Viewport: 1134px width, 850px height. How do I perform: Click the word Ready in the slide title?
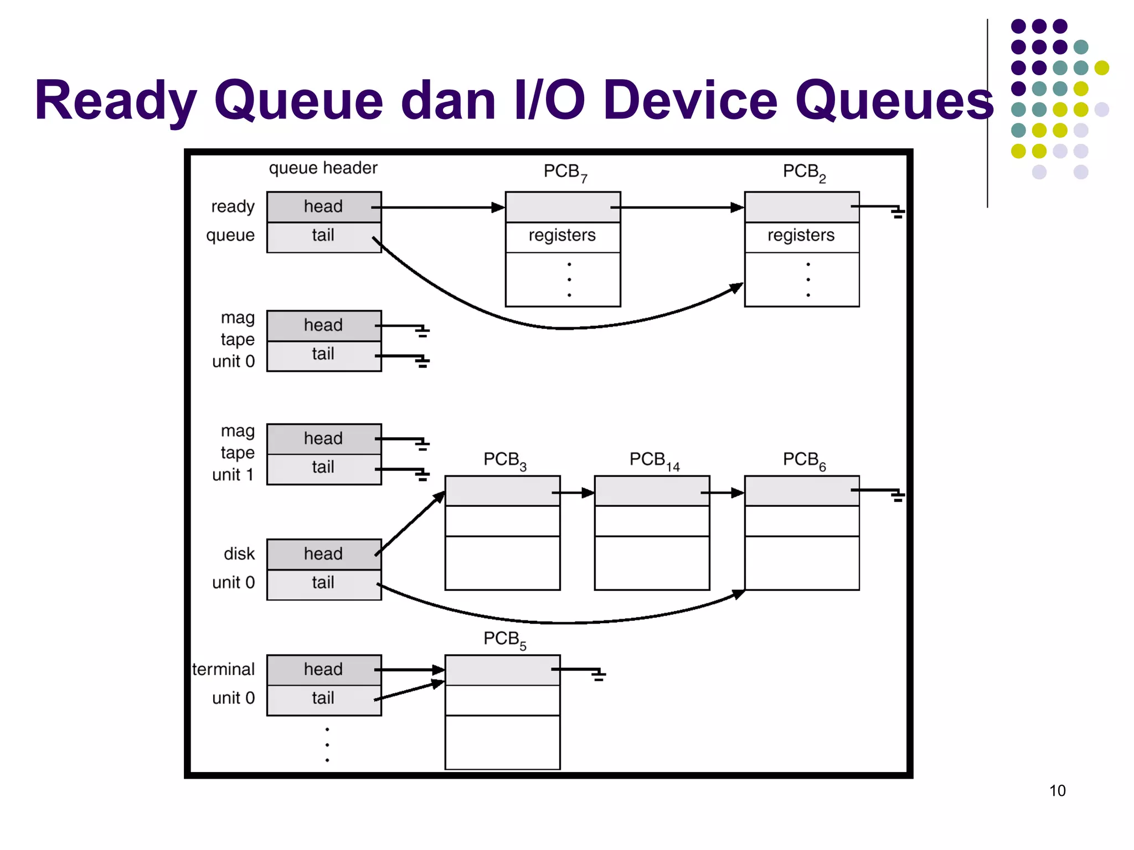[x=115, y=101]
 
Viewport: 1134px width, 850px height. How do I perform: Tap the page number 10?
[x=1057, y=790]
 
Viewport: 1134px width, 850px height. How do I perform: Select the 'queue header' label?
[x=323, y=168]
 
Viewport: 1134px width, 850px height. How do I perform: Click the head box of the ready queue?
[x=324, y=207]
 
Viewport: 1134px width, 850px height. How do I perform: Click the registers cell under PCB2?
[x=801, y=236]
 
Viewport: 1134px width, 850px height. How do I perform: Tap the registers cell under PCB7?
[x=563, y=236]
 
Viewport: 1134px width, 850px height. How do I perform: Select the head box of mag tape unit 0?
[x=324, y=325]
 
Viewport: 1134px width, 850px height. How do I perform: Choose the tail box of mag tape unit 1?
[x=324, y=468]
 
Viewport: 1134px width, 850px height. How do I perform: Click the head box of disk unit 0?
[x=324, y=554]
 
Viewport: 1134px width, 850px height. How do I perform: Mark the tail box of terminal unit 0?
[x=324, y=699]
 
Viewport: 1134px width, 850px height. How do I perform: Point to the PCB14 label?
[x=654, y=460]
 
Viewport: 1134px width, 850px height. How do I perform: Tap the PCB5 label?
[x=504, y=639]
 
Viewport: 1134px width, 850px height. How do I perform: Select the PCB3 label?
[x=504, y=460]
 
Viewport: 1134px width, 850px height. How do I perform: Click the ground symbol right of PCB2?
[x=898, y=212]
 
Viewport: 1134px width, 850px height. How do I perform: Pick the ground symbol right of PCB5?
[x=598, y=675]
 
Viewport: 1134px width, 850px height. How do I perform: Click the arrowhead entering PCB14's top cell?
[x=589, y=493]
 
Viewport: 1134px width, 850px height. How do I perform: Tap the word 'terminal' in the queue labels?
[x=224, y=670]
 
